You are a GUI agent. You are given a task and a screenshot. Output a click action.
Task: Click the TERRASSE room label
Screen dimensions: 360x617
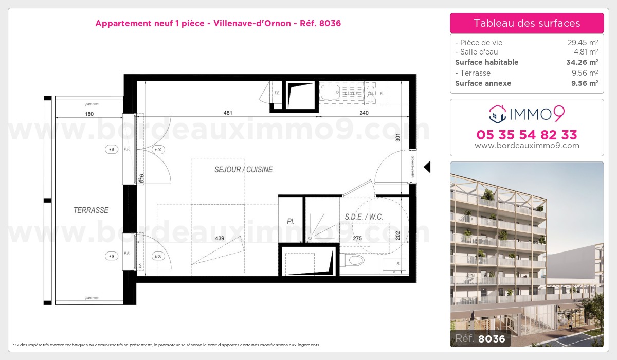[90, 210]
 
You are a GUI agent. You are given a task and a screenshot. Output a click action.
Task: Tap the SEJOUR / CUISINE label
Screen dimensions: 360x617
[243, 170]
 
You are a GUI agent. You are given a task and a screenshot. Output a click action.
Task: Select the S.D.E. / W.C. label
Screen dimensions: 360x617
[364, 217]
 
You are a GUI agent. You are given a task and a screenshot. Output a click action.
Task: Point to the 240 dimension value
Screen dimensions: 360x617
[364, 113]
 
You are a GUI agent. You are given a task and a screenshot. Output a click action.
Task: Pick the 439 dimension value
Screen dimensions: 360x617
[220, 238]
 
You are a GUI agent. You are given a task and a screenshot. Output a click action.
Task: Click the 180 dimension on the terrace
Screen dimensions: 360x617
[89, 114]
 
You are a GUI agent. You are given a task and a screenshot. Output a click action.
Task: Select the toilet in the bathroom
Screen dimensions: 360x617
[354, 261]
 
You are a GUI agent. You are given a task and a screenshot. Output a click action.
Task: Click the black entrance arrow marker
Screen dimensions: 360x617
[426, 167]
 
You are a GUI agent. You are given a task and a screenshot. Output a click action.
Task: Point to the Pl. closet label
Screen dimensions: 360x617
[291, 222]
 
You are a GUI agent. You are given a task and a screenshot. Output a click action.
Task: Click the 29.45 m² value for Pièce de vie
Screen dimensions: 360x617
[582, 43]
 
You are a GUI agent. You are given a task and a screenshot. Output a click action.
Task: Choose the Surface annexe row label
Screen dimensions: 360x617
[483, 83]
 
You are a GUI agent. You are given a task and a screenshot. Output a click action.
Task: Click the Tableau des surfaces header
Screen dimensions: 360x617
[527, 23]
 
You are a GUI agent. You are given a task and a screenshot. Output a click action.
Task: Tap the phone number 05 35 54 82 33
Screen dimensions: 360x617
[527, 135]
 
